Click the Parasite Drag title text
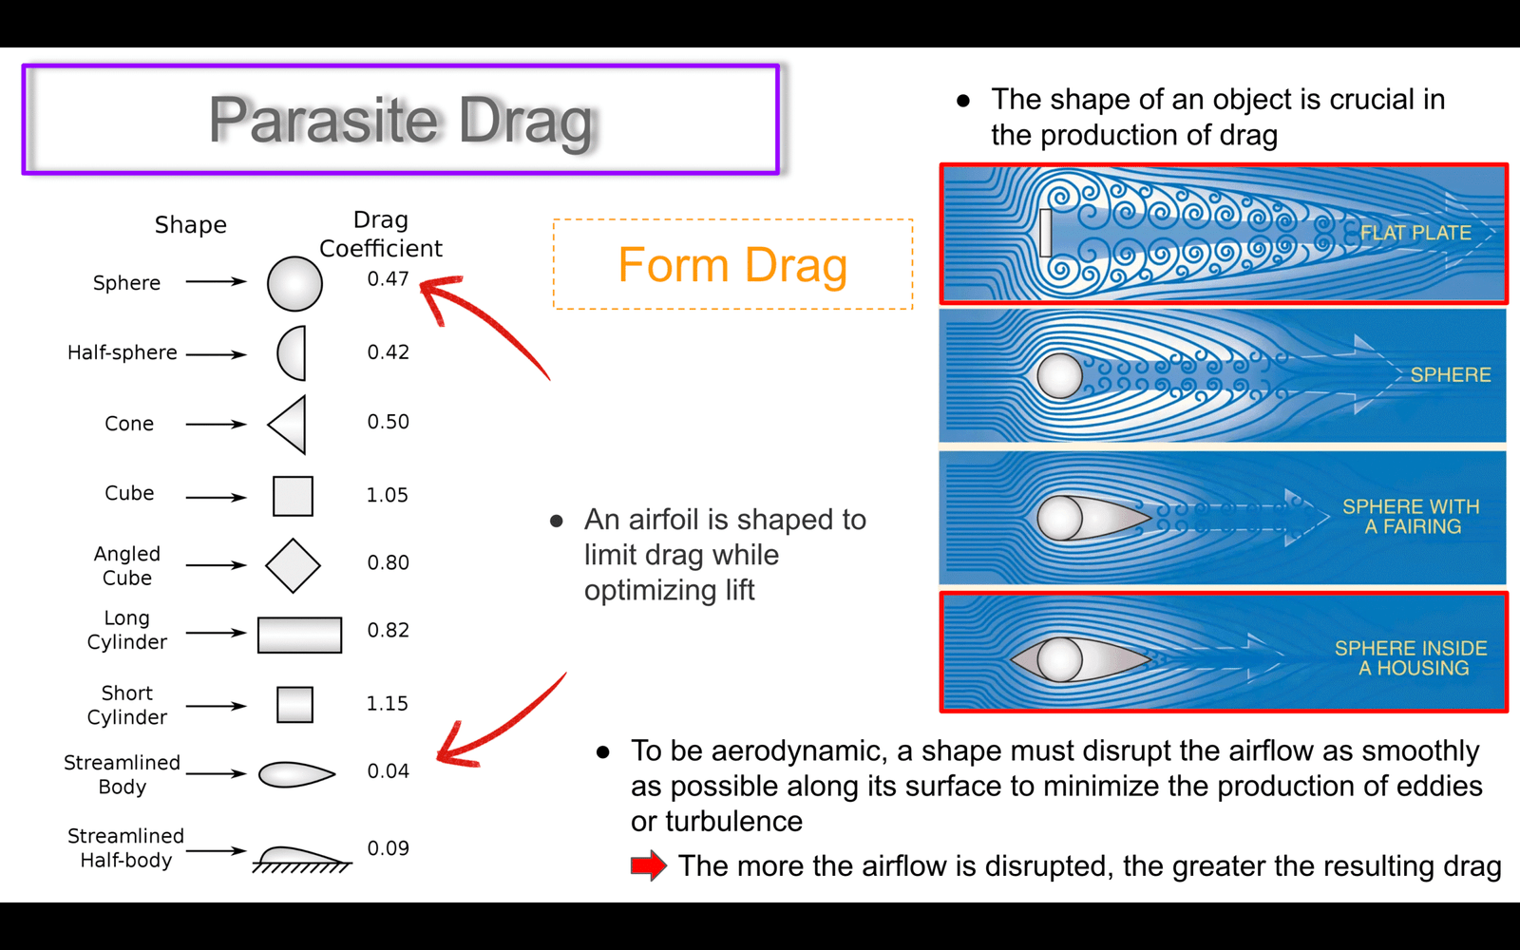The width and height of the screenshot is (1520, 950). point(400,121)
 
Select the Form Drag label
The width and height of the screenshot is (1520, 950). point(732,265)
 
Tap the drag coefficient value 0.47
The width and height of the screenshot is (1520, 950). point(389,279)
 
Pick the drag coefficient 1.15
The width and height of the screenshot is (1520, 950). point(388,703)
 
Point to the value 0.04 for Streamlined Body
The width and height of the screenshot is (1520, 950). point(389,770)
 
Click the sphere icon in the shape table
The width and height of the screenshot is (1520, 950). point(294,284)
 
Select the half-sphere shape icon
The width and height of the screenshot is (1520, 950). point(292,352)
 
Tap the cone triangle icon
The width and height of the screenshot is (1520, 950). point(287,425)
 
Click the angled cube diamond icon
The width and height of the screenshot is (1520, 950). point(294,566)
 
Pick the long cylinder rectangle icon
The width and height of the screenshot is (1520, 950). point(299,636)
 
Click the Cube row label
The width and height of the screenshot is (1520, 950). point(129,493)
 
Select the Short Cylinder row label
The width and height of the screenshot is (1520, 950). point(127,705)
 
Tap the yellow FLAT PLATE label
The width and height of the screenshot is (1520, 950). point(1416,233)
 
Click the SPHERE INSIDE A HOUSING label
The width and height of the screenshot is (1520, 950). point(1412,657)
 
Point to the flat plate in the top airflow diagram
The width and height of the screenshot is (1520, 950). point(1046,233)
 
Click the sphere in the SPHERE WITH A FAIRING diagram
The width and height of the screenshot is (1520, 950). point(1059,518)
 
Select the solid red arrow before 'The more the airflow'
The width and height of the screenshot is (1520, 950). point(649,865)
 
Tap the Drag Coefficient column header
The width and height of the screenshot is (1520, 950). point(381,234)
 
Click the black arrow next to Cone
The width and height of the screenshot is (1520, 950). point(217,425)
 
